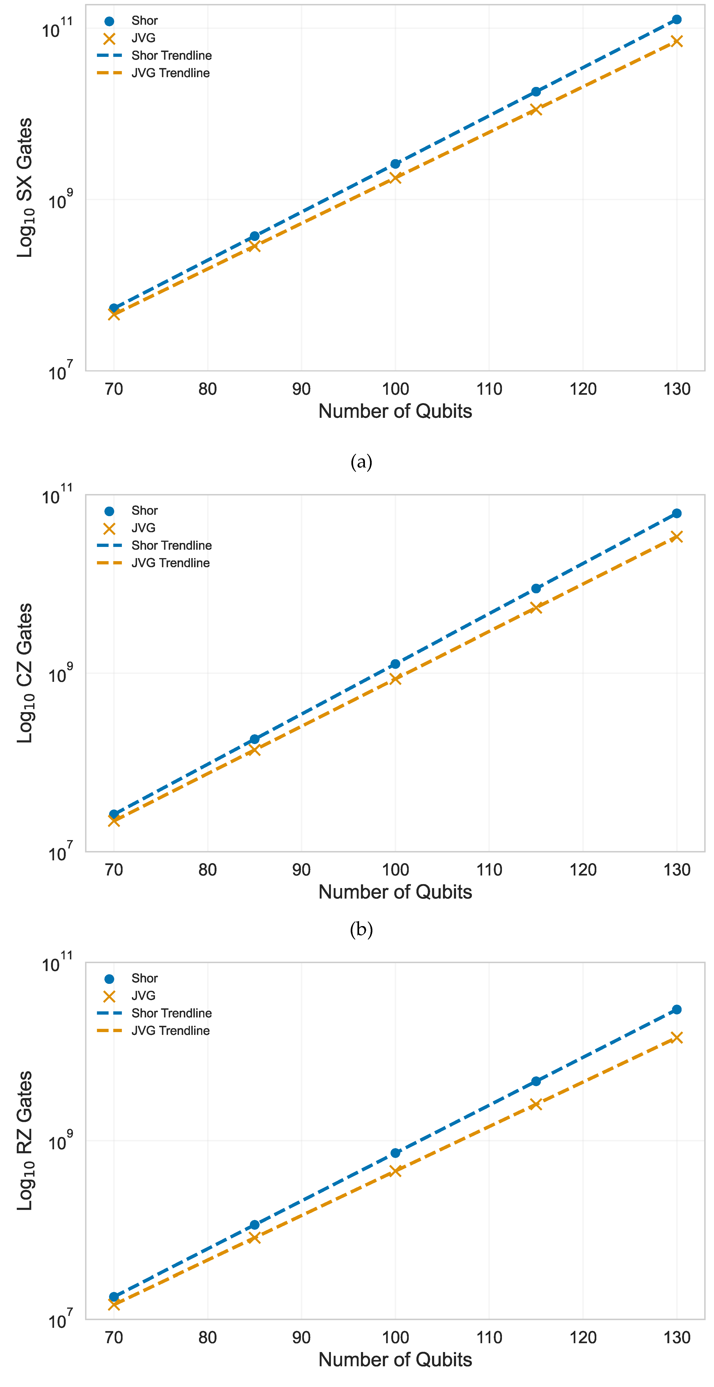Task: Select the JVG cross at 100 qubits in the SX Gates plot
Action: (395, 178)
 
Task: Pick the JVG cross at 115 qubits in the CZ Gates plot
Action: (536, 607)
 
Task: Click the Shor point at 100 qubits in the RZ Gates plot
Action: (395, 1153)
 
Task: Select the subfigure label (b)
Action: (361, 929)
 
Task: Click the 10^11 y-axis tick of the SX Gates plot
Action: (57, 28)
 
